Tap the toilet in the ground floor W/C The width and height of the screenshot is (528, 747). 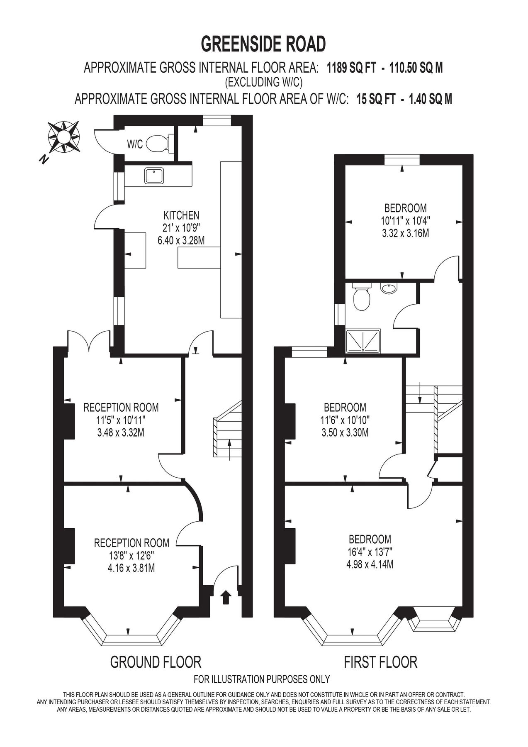click(x=158, y=144)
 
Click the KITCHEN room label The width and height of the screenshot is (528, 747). click(x=181, y=215)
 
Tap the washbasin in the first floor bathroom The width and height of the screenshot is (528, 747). click(x=389, y=288)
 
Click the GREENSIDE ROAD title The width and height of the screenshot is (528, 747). click(x=263, y=44)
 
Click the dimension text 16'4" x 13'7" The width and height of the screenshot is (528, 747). click(x=370, y=552)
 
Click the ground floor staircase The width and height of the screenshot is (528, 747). click(x=228, y=432)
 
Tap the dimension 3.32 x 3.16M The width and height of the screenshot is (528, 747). click(x=405, y=233)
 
